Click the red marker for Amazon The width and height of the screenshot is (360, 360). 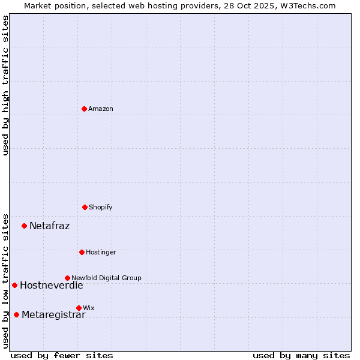coord(85,109)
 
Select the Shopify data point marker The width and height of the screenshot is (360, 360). coord(85,207)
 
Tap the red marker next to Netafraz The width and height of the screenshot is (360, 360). coord(25,226)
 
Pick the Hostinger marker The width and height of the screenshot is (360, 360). coord(82,252)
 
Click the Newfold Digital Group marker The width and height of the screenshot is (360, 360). coord(67,278)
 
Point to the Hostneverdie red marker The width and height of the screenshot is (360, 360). coord(15,285)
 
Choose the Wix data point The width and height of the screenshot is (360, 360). coord(79,308)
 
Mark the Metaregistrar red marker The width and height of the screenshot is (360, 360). coord(17,314)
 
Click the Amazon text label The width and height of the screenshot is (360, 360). coord(101,109)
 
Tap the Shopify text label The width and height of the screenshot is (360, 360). coord(101,207)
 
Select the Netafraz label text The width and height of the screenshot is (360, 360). coord(49,226)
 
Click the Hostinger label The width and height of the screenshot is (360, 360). coord(101,252)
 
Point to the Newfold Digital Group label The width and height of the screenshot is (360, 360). coord(106,278)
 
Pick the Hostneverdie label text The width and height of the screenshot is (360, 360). coord(51,286)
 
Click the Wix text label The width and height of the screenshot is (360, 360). coord(89,308)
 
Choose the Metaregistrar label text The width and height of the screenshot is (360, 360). coord(53,315)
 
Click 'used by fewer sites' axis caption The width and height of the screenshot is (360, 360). coord(62,355)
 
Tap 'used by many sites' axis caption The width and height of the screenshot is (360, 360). coord(301,355)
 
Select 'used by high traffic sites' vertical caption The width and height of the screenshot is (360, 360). coord(6,85)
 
